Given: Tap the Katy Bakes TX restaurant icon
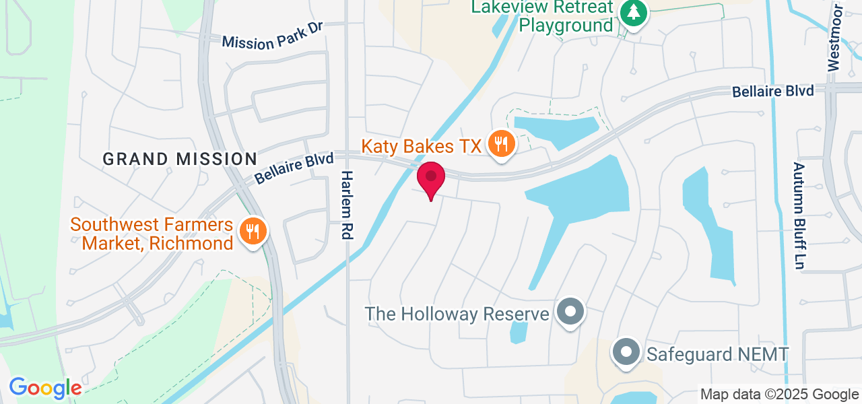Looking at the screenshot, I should [501, 144].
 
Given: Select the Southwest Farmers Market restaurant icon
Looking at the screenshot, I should [253, 232].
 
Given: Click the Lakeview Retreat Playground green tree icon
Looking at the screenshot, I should [632, 13].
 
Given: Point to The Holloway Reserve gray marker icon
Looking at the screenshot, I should [571, 312].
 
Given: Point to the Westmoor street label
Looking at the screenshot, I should [834, 38].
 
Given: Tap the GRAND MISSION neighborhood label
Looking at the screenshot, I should [180, 159].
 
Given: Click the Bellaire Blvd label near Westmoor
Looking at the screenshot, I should [773, 91].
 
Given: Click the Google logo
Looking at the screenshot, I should [45, 388].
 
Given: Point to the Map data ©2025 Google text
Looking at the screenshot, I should [779, 395].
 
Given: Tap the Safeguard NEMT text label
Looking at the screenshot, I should [717, 353].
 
